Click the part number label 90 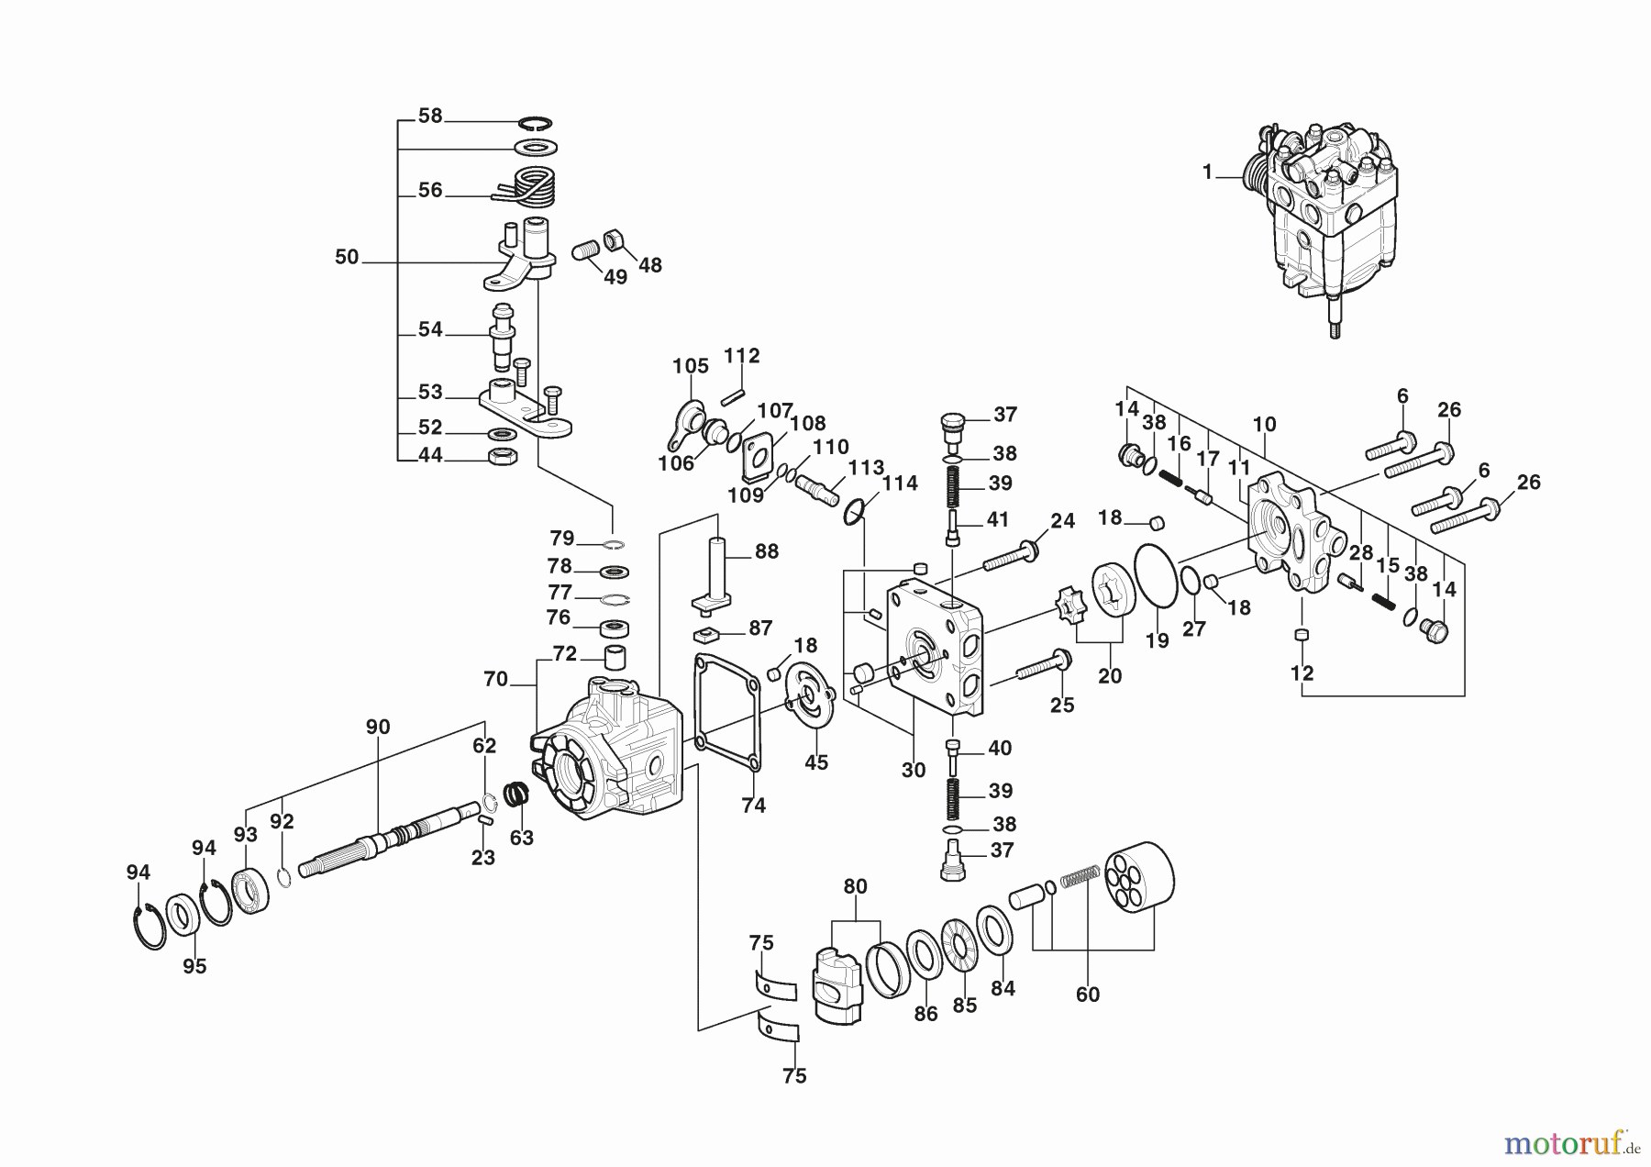378,728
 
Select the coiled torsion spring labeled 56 533,188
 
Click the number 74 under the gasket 753,806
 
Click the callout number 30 913,771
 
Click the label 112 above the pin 741,356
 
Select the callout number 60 1087,995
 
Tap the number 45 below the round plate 815,762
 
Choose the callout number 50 347,258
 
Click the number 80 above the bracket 855,887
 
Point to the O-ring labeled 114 854,511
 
